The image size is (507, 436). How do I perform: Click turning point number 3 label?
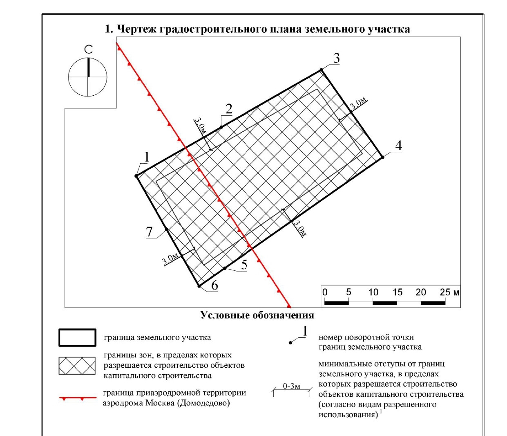click(337, 58)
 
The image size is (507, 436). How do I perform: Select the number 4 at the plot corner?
click(398, 145)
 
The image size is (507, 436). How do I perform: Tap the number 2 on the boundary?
click(229, 109)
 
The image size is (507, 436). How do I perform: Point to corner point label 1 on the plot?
click(147, 157)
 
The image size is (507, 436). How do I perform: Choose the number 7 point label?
click(150, 232)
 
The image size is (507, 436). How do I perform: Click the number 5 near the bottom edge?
click(244, 265)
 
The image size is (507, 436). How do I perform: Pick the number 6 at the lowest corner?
click(214, 285)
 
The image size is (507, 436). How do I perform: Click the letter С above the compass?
click(88, 50)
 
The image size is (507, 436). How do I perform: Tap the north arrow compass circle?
click(88, 77)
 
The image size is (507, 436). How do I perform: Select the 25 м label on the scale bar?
click(449, 292)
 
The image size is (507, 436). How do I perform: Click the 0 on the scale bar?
click(325, 292)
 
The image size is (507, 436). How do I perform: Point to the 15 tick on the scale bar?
click(398, 292)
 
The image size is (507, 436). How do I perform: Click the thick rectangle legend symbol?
click(77, 338)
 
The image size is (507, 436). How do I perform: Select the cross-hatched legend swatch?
click(77, 366)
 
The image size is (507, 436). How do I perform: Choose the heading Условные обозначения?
click(257, 315)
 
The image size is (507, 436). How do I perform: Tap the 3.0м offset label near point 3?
click(359, 104)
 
